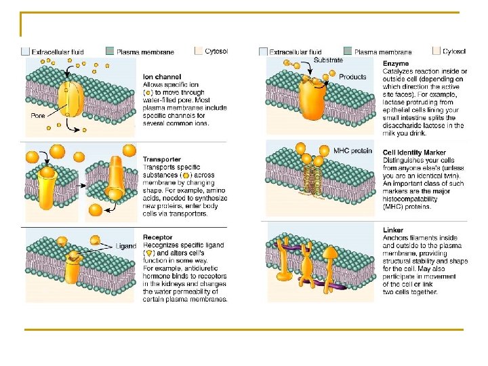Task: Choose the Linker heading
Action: pyautogui.click(x=394, y=231)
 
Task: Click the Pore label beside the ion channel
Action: pyautogui.click(x=38, y=115)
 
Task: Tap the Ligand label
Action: pyautogui.click(x=127, y=245)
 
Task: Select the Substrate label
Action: pyautogui.click(x=328, y=60)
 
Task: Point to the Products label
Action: pyautogui.click(x=352, y=77)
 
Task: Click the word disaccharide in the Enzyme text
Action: pyautogui.click(x=407, y=125)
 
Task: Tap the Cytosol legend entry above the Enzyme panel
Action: pyautogui.click(x=453, y=51)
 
